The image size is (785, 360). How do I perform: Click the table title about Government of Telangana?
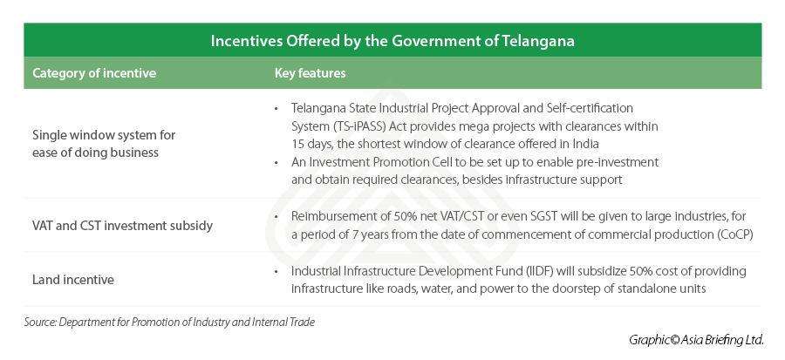[392, 41]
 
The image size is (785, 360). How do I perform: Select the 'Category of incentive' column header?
[94, 73]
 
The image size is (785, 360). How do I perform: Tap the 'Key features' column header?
[310, 73]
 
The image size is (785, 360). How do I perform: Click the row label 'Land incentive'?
[73, 280]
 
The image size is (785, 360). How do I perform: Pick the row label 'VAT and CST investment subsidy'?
[123, 226]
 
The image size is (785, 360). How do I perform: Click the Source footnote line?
[169, 322]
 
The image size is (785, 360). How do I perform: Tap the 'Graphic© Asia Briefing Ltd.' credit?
[695, 340]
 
